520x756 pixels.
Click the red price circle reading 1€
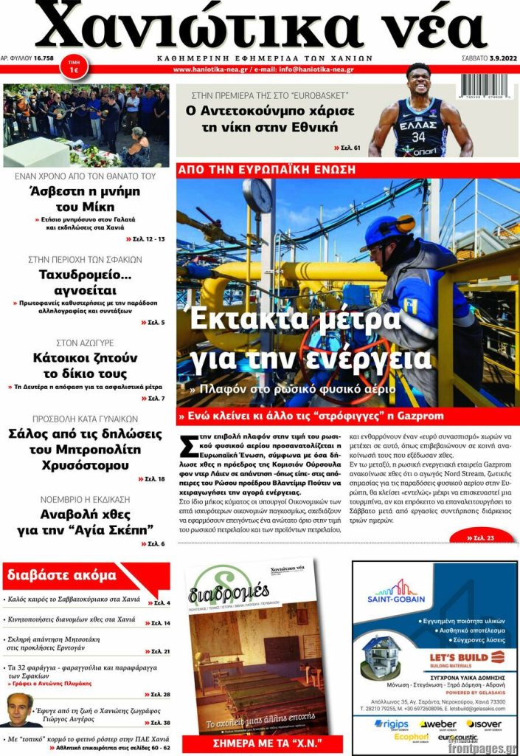click(74, 65)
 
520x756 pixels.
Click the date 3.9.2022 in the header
click(498, 58)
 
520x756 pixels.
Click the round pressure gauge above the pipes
click(258, 196)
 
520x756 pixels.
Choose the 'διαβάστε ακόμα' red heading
click(61, 575)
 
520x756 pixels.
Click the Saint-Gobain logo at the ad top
click(400, 591)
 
